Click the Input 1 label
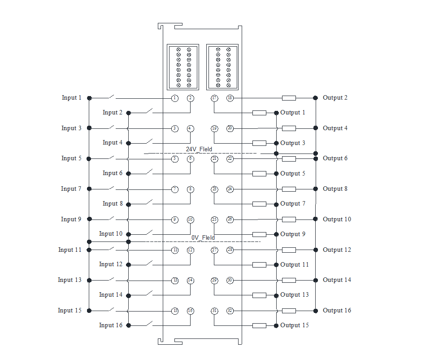(x=72, y=97)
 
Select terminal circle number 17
(x=214, y=98)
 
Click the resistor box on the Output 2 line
(x=289, y=98)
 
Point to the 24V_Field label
(x=199, y=149)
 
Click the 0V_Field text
(x=203, y=237)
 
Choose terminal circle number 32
(x=230, y=311)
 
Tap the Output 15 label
(x=294, y=325)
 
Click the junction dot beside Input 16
(x=128, y=325)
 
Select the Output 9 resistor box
(x=259, y=234)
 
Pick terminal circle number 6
(x=191, y=159)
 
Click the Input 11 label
(x=70, y=250)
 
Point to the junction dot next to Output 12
(x=315, y=250)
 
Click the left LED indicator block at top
(x=183, y=67)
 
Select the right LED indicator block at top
(x=222, y=67)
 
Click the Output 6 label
(x=335, y=158)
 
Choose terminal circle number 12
(x=191, y=250)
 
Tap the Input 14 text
(x=110, y=294)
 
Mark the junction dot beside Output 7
(x=276, y=204)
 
